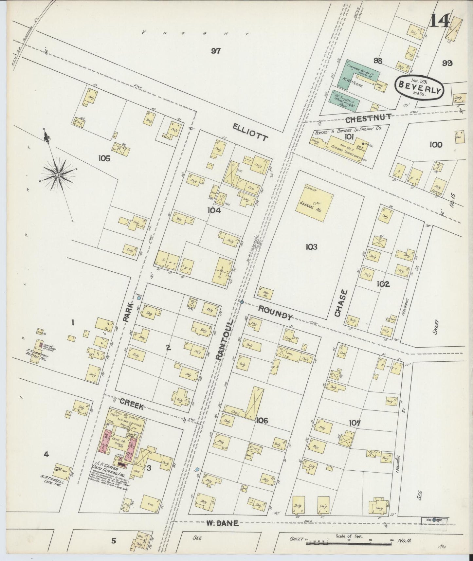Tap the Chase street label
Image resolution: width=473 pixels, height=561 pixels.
point(339,303)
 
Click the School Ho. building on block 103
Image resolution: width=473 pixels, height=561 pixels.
point(314,206)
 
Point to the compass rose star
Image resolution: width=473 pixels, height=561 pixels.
point(58,175)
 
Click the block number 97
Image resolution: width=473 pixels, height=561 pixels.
point(216,51)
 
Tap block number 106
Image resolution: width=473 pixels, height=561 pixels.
point(262,420)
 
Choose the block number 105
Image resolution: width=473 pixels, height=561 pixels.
point(104,158)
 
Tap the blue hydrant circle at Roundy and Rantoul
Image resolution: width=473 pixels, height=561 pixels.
point(242,301)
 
